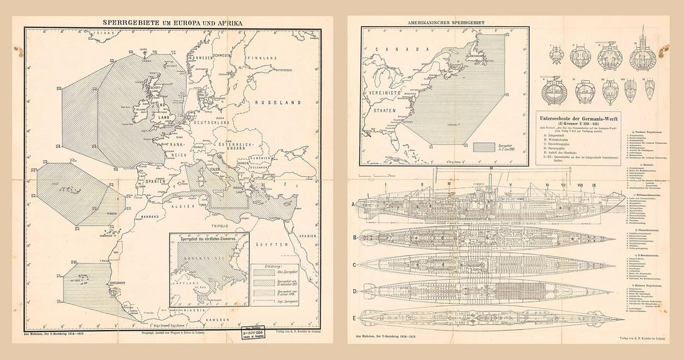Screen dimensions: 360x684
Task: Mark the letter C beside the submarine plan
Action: point(353,265)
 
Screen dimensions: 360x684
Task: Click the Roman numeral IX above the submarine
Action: point(593,185)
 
